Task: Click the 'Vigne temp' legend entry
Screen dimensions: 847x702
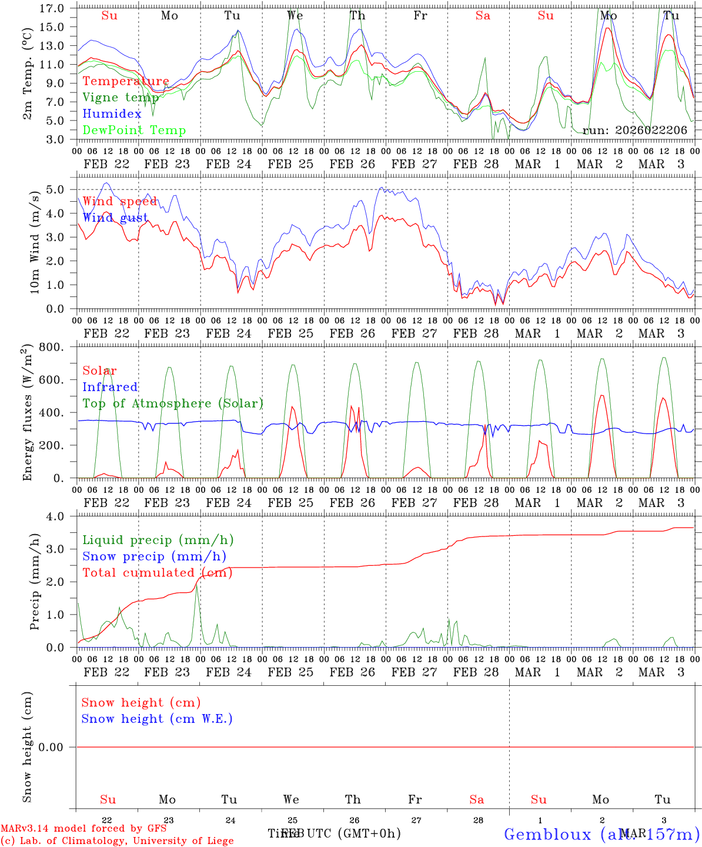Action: tap(121, 98)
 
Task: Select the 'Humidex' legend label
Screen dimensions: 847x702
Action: tap(112, 114)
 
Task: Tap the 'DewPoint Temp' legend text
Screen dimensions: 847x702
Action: tap(134, 131)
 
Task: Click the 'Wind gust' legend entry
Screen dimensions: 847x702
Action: tap(115, 218)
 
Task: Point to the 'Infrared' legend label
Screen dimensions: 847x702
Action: tap(110, 387)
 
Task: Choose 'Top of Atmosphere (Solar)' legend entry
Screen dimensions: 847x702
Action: tap(173, 404)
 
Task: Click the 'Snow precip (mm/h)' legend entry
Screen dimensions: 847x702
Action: tap(155, 556)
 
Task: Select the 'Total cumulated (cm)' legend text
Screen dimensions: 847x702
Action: tap(157, 573)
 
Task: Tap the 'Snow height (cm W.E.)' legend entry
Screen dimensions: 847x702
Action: tap(157, 719)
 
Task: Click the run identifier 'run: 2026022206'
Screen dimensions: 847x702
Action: tap(635, 131)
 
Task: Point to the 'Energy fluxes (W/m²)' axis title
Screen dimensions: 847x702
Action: tap(27, 414)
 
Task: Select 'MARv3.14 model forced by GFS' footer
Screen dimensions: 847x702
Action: tap(83, 828)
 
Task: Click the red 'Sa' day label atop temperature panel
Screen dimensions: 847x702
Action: tap(483, 16)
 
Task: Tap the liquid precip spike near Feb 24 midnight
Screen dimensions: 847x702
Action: tap(198, 586)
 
